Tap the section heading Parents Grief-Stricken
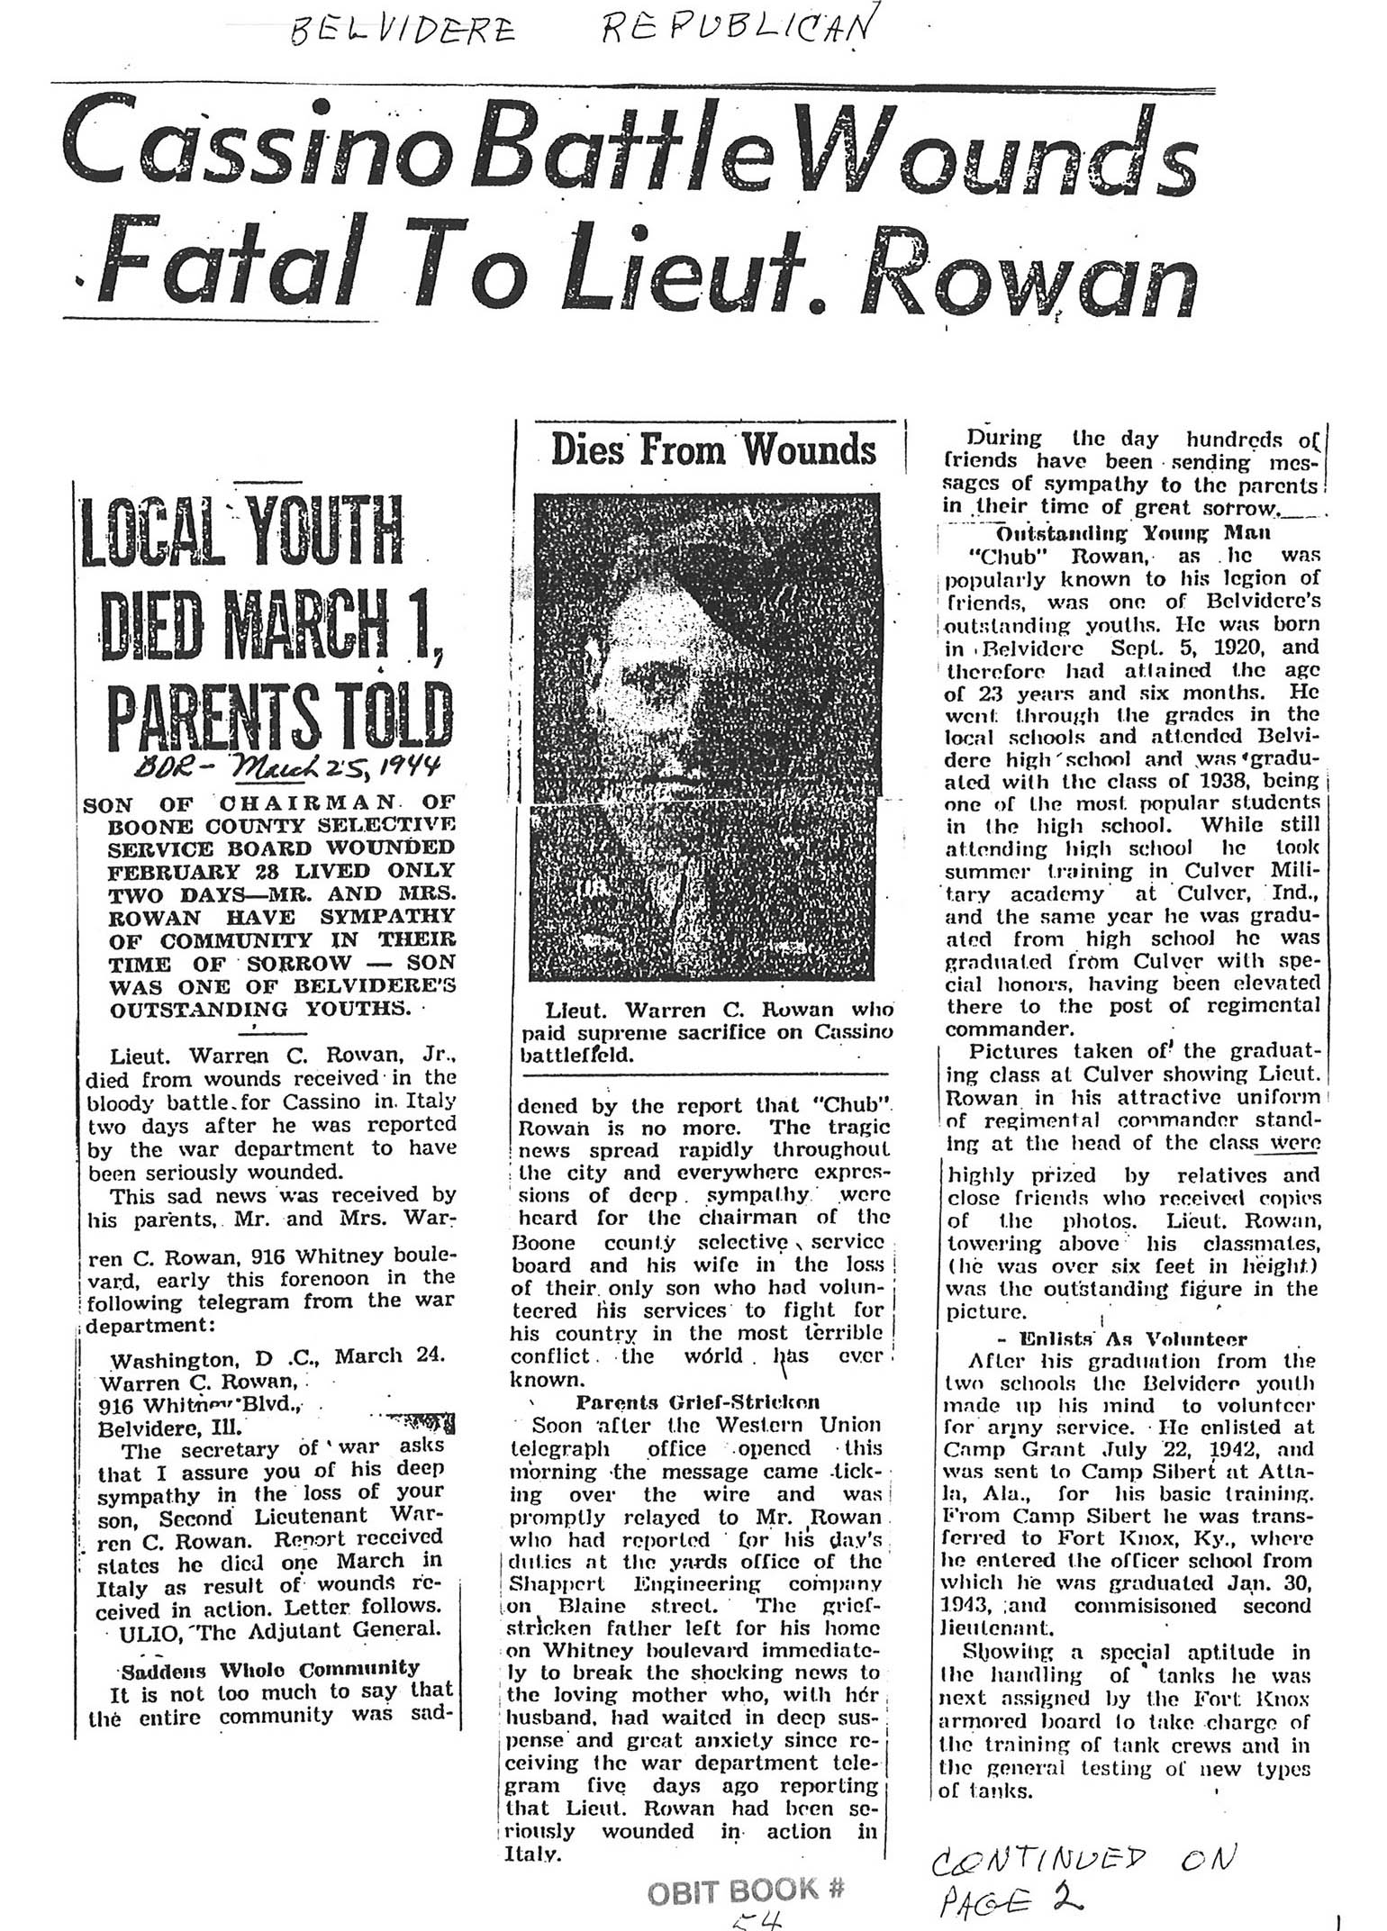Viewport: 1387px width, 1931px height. click(697, 1401)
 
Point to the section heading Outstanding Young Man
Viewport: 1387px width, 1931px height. click(1133, 532)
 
